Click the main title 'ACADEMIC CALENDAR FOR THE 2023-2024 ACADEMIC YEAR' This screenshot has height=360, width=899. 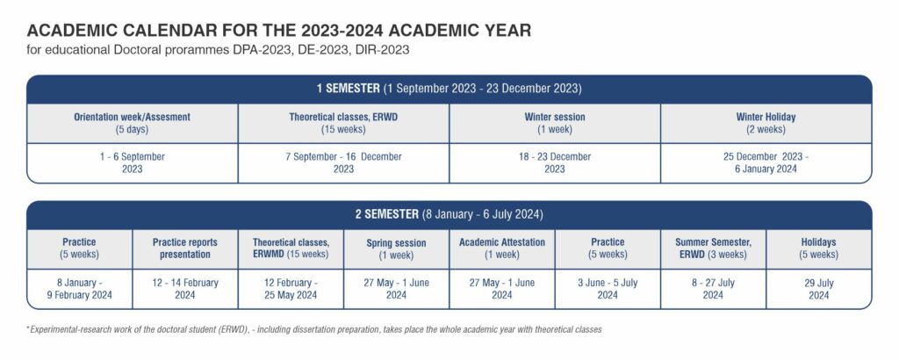point(278,31)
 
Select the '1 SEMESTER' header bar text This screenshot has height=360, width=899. point(348,89)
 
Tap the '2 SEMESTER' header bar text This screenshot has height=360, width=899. point(386,215)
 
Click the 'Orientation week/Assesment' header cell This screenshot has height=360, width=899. point(133,123)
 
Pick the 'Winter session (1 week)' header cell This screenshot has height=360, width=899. point(555,123)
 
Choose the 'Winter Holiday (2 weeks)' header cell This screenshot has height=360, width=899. point(766,123)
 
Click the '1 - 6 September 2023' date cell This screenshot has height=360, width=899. point(133,162)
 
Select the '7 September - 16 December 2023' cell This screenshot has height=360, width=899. point(343,162)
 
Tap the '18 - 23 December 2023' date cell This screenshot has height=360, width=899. point(555,162)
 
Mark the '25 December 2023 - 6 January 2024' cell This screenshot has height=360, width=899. point(766,162)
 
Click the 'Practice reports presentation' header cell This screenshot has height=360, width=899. point(185,248)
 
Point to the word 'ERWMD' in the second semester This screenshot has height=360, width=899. point(269,255)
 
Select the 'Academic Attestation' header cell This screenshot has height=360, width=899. point(502,248)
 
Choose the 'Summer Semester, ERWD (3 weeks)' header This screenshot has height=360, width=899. point(713,248)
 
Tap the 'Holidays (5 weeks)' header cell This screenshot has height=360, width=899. point(819,248)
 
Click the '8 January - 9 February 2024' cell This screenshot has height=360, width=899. point(80,289)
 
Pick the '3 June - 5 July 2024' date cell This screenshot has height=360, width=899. point(608,289)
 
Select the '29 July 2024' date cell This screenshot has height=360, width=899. point(819,289)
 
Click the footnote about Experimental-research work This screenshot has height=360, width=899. point(314,329)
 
